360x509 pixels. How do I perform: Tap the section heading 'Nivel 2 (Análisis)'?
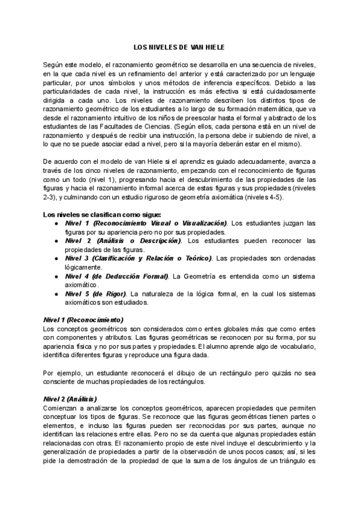pos(71,399)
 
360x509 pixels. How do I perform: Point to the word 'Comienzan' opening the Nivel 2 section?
pos(61,408)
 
